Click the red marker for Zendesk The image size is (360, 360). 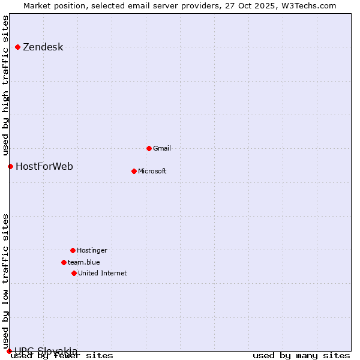18,47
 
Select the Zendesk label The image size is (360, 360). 43,47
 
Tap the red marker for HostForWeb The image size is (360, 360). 10,166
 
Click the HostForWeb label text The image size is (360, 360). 44,166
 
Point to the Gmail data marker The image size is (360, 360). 149,148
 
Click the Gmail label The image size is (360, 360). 162,148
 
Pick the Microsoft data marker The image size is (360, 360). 134,171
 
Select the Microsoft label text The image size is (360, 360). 152,171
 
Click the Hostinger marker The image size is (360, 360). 73,250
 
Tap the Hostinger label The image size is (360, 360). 92,250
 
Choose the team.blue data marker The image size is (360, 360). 64,262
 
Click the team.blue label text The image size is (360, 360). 83,262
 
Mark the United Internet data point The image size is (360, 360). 74,273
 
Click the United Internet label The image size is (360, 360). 102,273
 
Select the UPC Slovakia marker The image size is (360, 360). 9,351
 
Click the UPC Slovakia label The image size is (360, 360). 46,351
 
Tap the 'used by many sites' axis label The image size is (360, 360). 301,355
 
